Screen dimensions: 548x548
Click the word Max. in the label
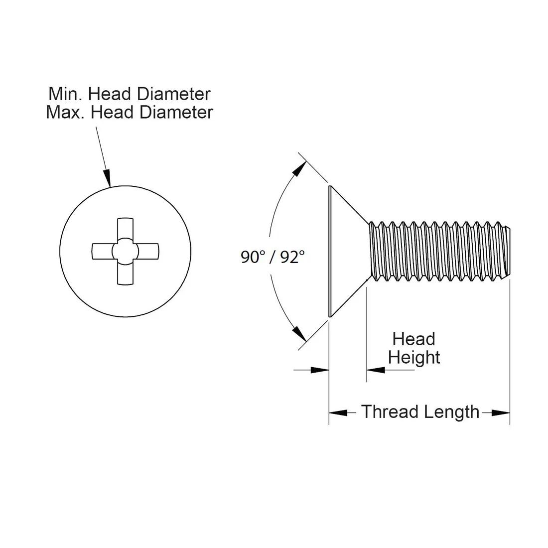click(65, 112)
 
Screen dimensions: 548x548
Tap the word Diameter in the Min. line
click(174, 94)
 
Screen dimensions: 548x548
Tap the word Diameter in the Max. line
click(176, 112)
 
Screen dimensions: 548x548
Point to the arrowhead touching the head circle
click(107, 177)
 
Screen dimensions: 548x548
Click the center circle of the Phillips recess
click(125, 251)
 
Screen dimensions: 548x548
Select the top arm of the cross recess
click(125, 229)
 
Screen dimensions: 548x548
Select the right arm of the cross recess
click(148, 251)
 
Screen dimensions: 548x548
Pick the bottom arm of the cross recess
click(125, 274)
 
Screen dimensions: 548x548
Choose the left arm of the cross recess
click(103, 251)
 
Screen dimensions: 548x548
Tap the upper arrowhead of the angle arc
click(299, 169)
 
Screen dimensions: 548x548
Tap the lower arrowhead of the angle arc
click(299, 333)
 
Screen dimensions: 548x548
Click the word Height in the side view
click(414, 358)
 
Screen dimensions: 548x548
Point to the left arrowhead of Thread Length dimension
click(338, 413)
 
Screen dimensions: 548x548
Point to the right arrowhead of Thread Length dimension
click(501, 413)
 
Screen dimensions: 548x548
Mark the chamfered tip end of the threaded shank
click(508, 251)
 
